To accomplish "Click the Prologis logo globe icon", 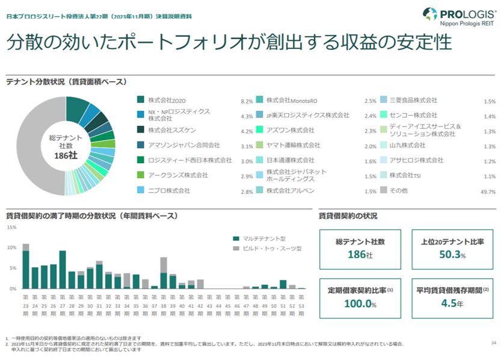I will [x=429, y=14].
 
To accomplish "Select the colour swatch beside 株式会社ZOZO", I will [x=140, y=100].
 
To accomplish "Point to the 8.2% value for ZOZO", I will [x=247, y=101].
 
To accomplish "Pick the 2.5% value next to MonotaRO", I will [x=370, y=101].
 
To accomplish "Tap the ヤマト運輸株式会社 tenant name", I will [x=293, y=145].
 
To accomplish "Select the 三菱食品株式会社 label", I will [x=413, y=100].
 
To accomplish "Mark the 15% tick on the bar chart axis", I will [x=11, y=228].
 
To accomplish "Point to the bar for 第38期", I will [x=164, y=273].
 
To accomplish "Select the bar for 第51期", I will [x=283, y=284].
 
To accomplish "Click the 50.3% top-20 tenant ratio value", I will [x=452, y=255].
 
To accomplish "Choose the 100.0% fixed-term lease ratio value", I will [x=360, y=304].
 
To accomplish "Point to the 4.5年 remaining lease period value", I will [x=452, y=304].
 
